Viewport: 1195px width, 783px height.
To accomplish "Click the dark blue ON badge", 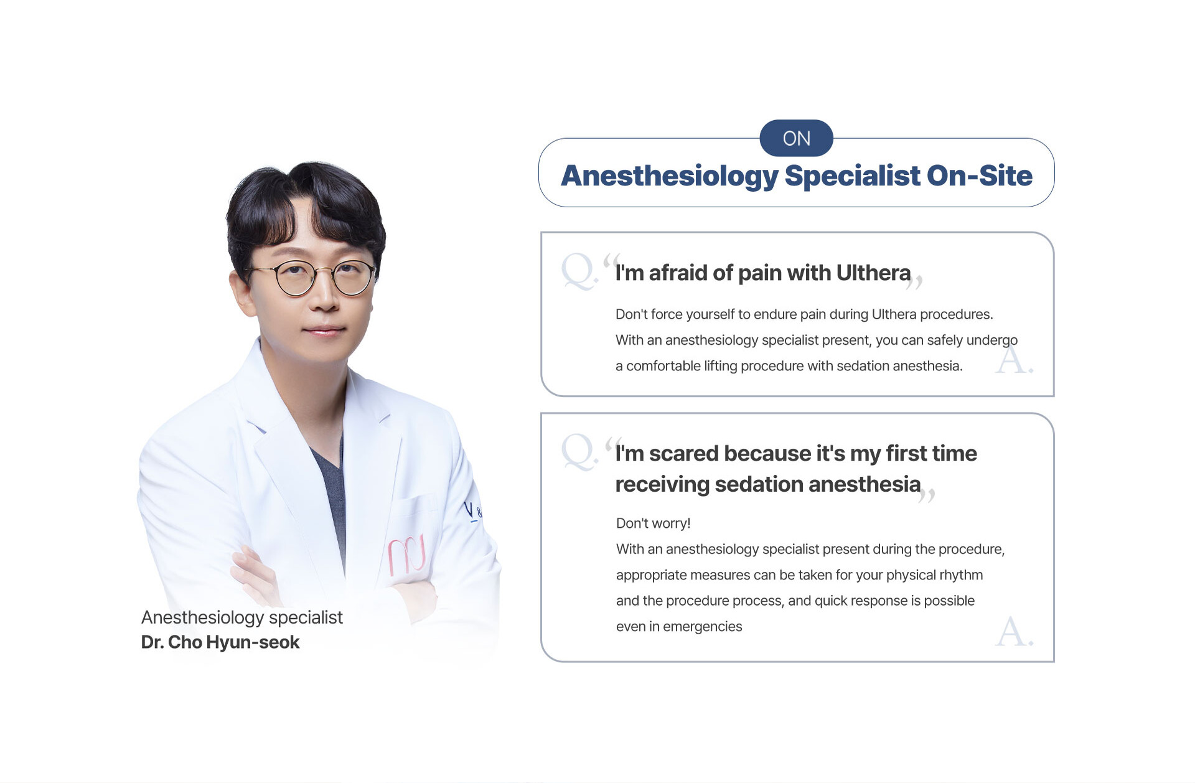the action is click(796, 138).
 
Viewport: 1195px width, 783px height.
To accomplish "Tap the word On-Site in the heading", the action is click(980, 176).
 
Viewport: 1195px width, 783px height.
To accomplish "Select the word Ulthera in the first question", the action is click(873, 273).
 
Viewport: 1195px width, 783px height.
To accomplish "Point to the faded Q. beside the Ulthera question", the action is click(579, 271).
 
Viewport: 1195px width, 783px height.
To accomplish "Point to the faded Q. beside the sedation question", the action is click(579, 452).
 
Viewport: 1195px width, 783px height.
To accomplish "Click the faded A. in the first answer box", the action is click(1014, 360).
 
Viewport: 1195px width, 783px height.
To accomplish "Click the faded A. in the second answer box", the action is click(1014, 631).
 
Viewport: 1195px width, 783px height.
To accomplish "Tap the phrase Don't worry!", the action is click(653, 523).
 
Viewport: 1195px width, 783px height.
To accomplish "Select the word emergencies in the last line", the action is click(702, 627).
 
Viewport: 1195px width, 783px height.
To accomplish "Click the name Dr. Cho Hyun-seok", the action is click(220, 642).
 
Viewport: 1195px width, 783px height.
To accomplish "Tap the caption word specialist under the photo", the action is click(306, 617).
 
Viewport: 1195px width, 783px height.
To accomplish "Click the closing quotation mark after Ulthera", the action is click(914, 283).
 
